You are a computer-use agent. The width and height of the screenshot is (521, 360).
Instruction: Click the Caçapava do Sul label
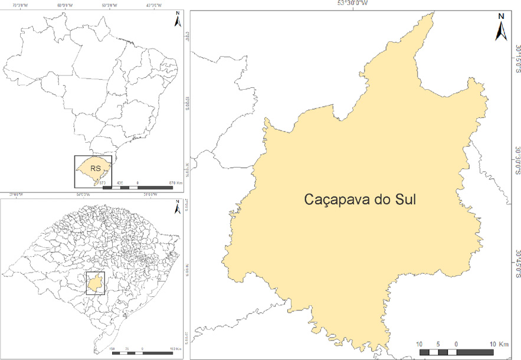pyautogui.click(x=360, y=199)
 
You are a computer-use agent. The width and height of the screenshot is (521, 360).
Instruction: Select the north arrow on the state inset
pyautogui.click(x=176, y=208)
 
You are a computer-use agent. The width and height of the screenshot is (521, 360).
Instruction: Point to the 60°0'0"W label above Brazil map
pyautogui.click(x=65, y=5)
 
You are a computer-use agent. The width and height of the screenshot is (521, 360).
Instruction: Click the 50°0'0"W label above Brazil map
pyautogui.click(x=109, y=5)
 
